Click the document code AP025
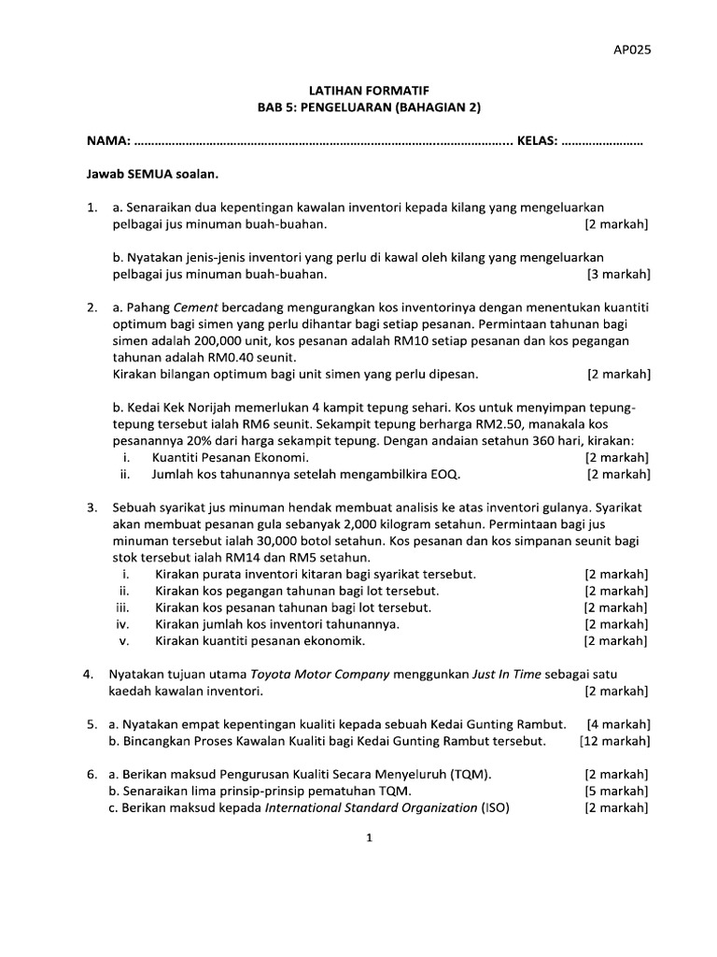[631, 51]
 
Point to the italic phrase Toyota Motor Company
[311, 674]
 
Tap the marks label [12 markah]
[614, 741]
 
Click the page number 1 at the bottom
[370, 838]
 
